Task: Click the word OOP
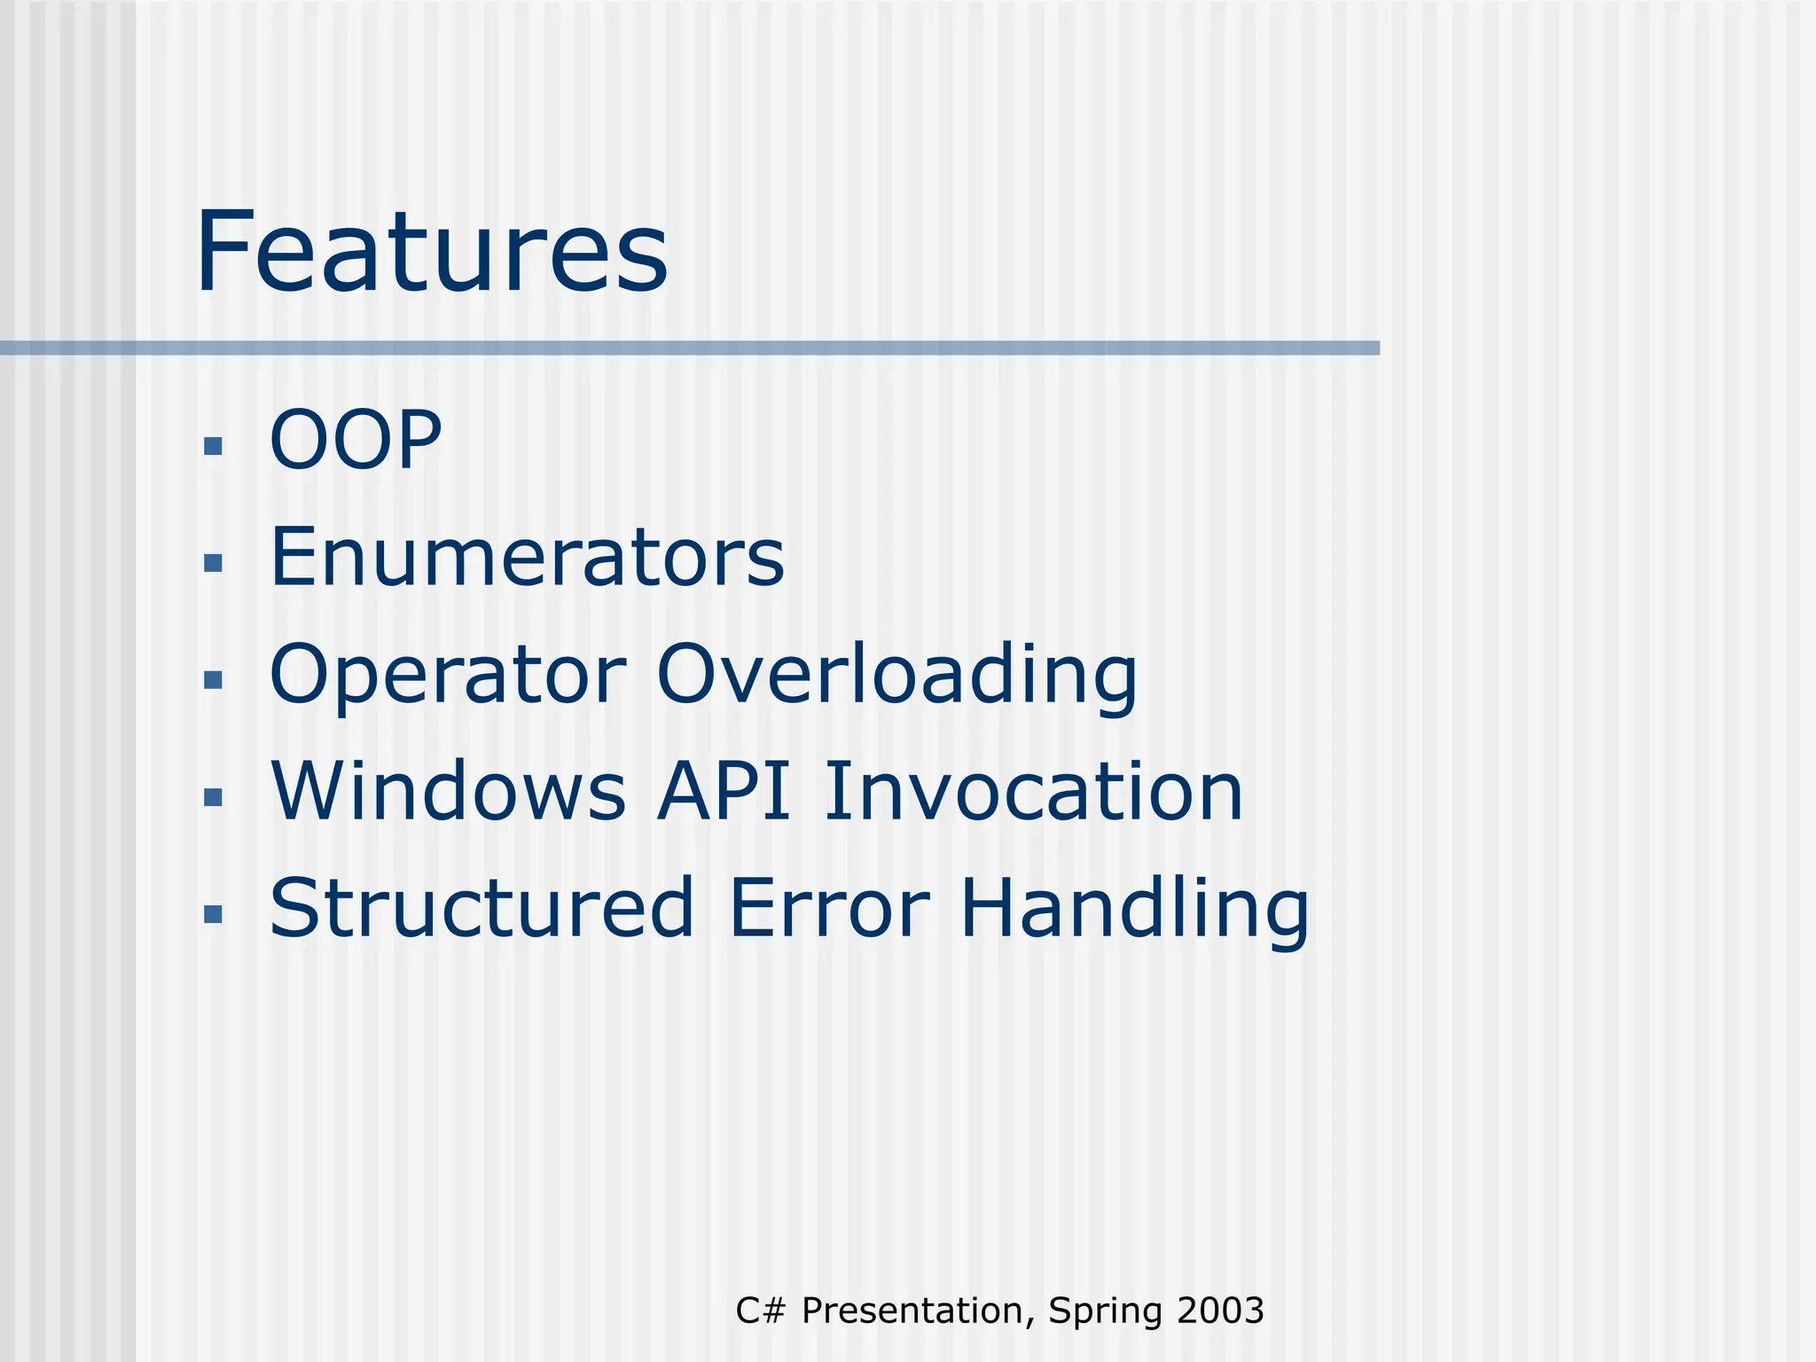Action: click(355, 440)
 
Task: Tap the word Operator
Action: click(448, 676)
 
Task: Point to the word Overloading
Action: click(896, 676)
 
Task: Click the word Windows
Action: click(449, 791)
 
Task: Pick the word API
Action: click(724, 791)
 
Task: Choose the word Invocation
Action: click(1033, 791)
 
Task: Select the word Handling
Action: click(1134, 910)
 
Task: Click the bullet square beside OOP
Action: click(213, 445)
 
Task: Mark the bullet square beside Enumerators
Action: click(213, 563)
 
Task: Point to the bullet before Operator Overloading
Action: click(213, 680)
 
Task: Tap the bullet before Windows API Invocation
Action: click(213, 797)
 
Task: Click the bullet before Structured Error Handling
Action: click(213, 914)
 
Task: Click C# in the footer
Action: click(761, 1311)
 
